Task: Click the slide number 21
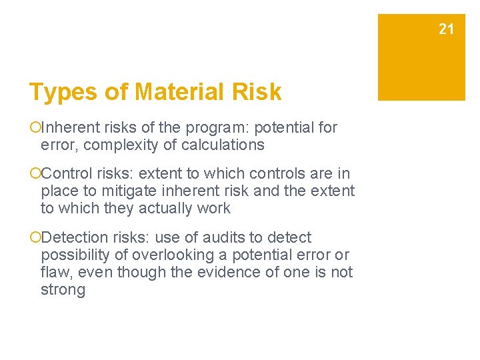coord(446,29)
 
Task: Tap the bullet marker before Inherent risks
coord(35,127)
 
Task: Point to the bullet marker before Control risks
coord(35,174)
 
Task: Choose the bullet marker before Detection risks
coord(35,238)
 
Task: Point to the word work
coord(215,209)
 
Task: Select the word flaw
coord(54,273)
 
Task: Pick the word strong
coord(63,290)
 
